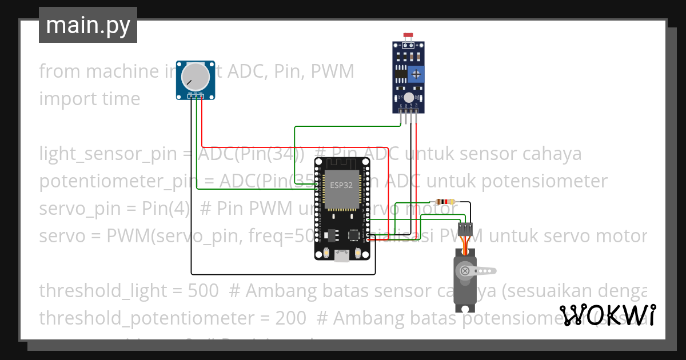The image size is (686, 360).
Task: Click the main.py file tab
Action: pos(87,25)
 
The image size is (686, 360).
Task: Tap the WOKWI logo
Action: pos(607,315)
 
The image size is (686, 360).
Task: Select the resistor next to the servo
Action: pos(444,202)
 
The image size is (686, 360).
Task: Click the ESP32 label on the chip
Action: pos(341,185)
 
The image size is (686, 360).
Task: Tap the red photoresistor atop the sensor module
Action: pos(408,35)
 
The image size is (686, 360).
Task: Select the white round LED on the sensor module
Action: pos(409,98)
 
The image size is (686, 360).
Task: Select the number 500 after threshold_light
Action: pos(203,291)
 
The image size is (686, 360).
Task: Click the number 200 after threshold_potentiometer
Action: pos(290,317)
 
